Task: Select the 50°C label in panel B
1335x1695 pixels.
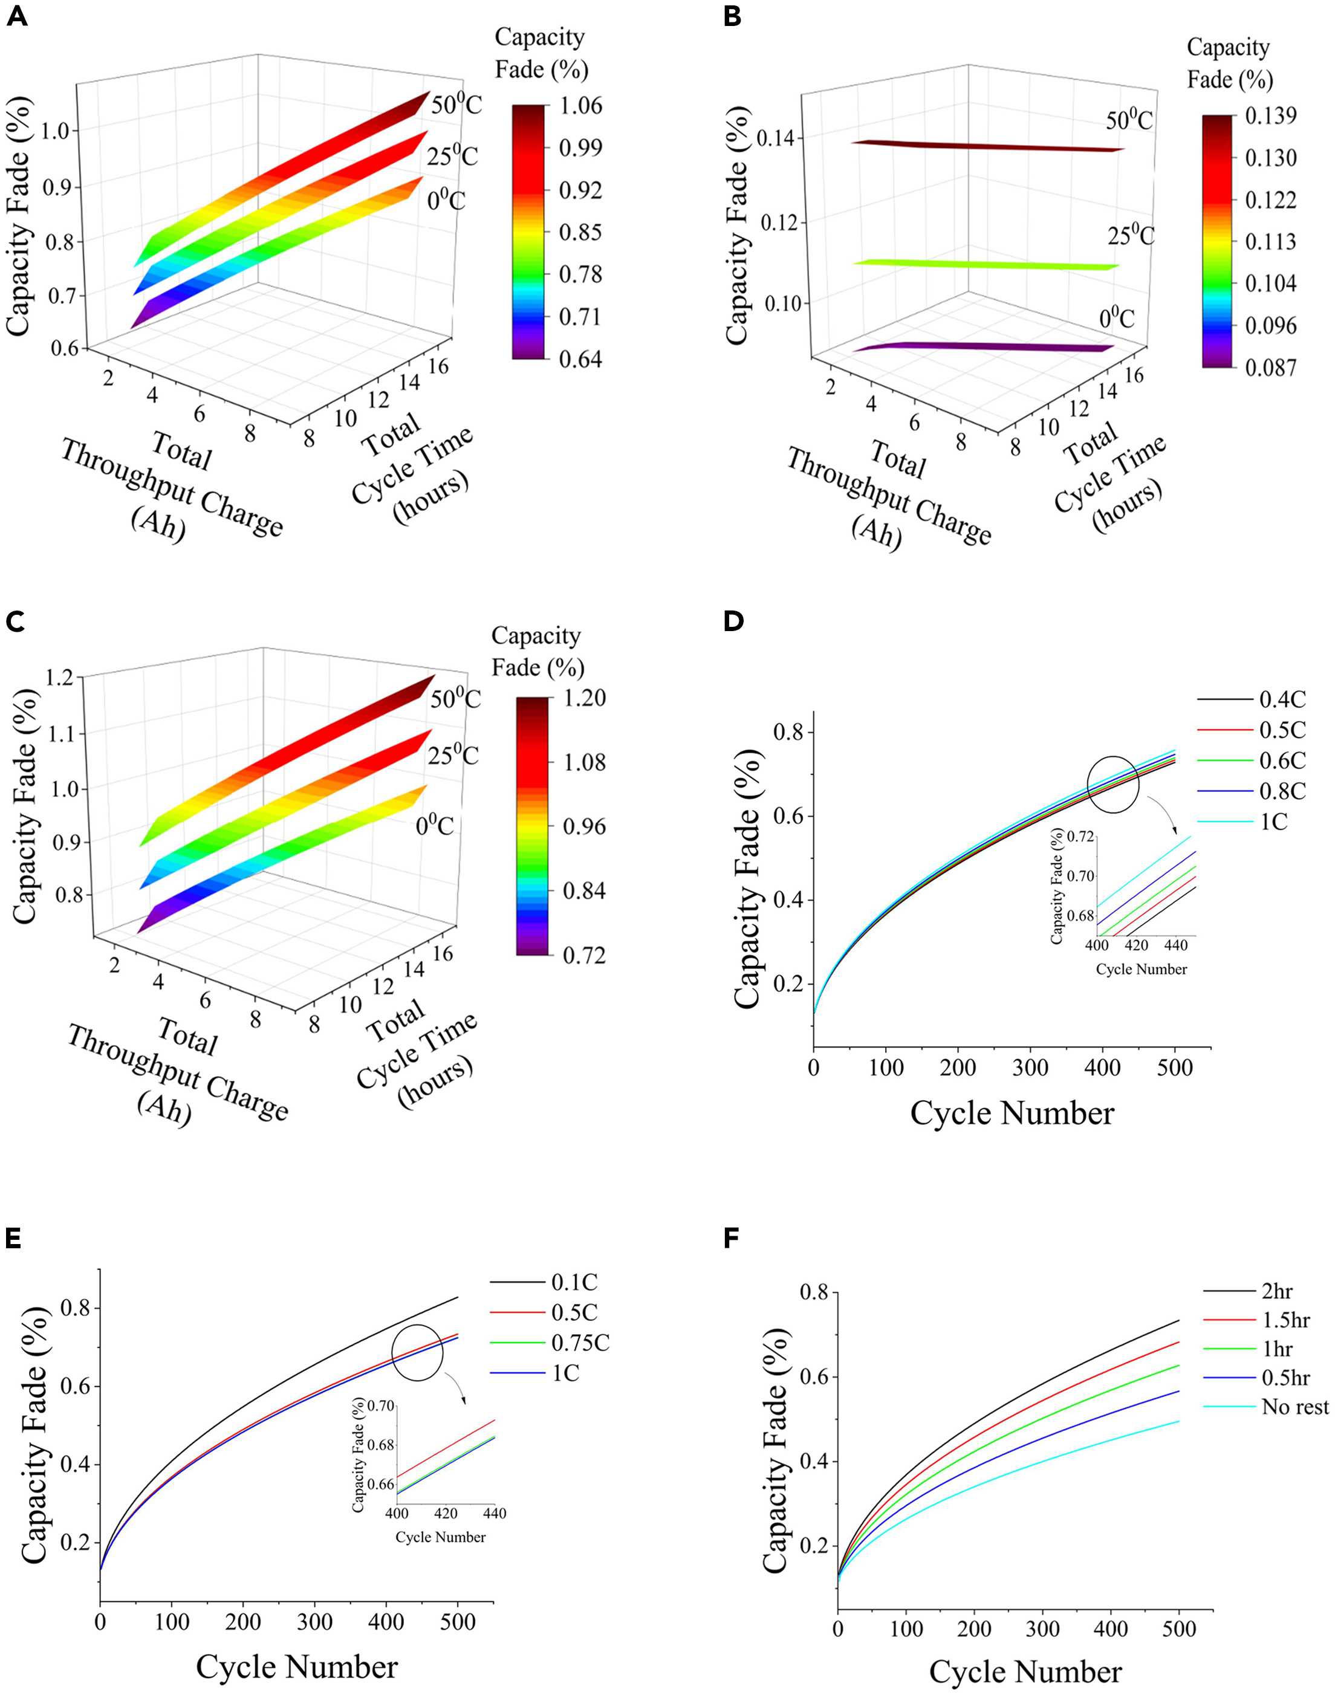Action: (1129, 120)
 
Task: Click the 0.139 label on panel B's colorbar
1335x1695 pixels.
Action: (1270, 115)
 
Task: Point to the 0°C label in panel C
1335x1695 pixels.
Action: (435, 825)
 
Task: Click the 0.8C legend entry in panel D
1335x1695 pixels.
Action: (1282, 791)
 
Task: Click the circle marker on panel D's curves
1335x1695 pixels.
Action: (1113, 785)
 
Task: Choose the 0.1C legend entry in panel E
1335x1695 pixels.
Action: (574, 1282)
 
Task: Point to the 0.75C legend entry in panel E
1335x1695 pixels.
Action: (580, 1343)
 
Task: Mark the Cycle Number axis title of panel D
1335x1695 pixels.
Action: (1012, 1113)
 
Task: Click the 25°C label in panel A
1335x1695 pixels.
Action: (452, 157)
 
